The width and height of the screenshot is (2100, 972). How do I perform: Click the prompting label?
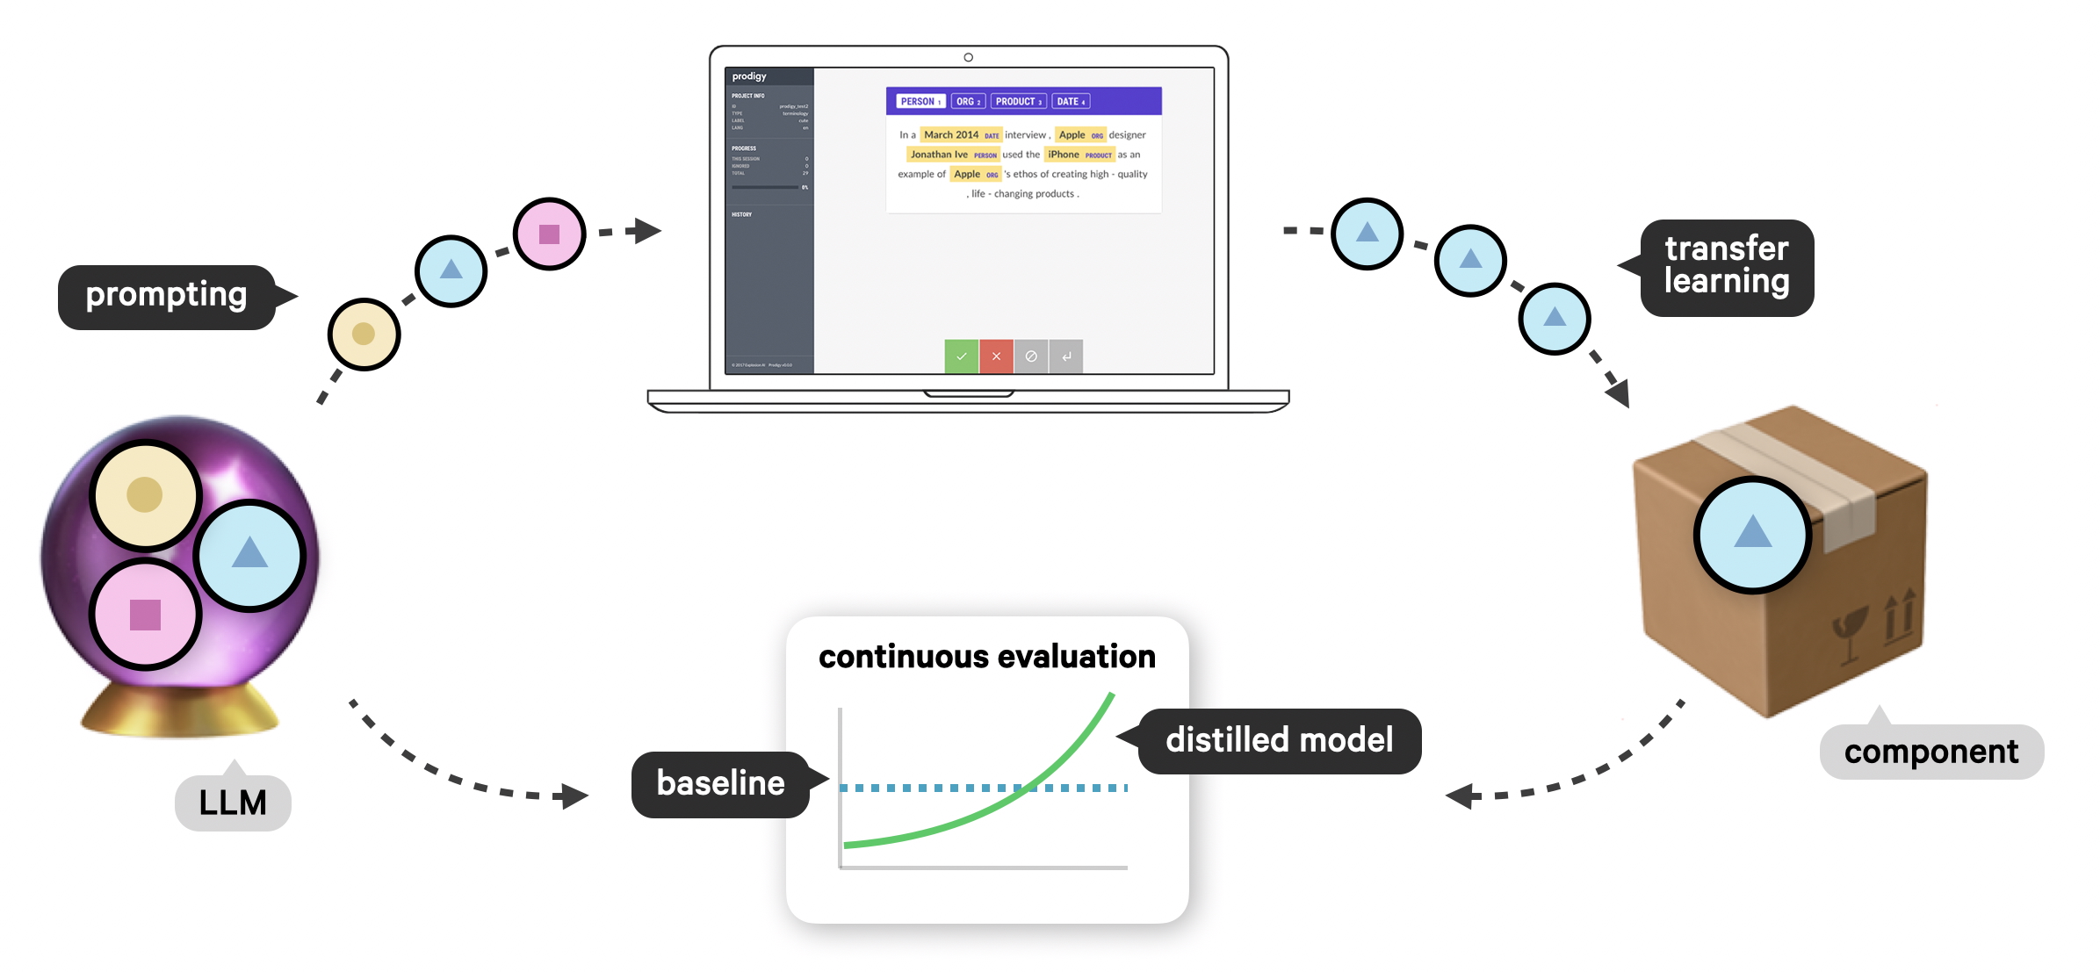click(167, 296)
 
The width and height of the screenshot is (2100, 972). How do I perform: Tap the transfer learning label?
click(1726, 266)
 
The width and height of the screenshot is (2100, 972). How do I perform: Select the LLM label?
click(233, 803)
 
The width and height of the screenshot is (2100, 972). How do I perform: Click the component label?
click(1930, 752)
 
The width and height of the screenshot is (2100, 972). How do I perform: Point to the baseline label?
click(720, 783)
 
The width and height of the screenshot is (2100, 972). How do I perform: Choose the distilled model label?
click(1279, 740)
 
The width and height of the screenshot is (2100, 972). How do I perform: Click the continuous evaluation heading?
click(986, 657)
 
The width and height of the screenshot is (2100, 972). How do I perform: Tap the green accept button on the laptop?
click(961, 356)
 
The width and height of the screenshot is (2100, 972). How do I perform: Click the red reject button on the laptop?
click(996, 356)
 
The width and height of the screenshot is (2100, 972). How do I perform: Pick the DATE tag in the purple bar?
click(1071, 102)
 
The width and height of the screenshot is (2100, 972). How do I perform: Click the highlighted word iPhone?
click(1064, 155)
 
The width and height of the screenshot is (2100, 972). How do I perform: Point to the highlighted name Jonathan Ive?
click(939, 155)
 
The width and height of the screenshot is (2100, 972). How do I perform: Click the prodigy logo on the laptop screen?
click(749, 76)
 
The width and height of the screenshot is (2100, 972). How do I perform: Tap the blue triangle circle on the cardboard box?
click(1752, 534)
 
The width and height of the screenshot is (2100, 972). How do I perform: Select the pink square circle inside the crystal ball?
click(145, 614)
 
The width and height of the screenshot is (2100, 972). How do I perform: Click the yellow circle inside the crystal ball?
click(145, 494)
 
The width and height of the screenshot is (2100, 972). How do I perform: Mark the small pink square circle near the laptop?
click(549, 234)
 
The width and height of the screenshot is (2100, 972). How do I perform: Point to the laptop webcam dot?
click(968, 57)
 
